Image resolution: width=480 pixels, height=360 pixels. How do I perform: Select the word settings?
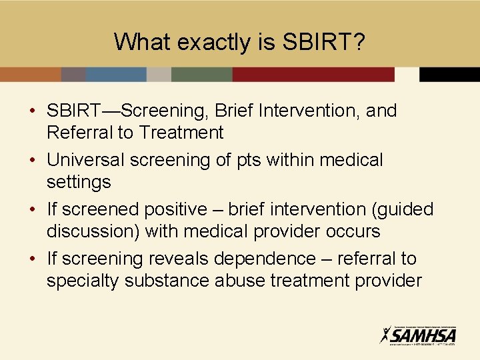pos(79,182)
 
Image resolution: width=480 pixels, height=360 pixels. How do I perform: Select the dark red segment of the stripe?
pos(313,74)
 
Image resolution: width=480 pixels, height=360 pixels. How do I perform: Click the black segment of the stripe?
pos(449,74)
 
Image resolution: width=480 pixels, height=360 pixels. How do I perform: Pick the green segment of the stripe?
pos(201,74)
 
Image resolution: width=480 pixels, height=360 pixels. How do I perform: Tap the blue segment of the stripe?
pos(116,74)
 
